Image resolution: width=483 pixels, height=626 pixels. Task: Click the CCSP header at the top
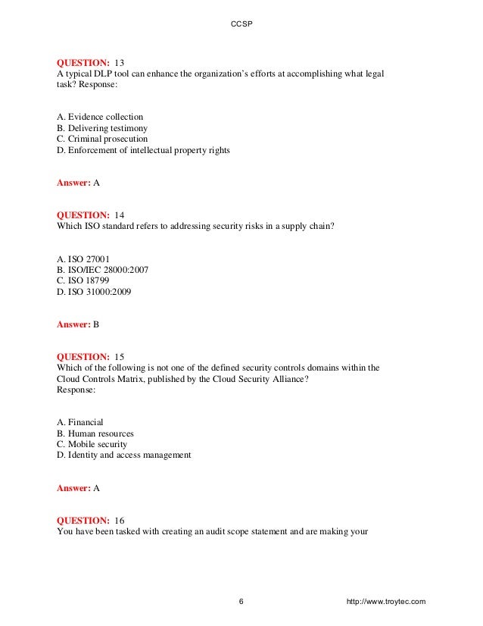pos(241,24)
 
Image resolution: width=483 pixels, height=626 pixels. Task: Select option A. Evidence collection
pos(100,117)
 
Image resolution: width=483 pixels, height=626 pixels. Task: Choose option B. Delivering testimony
pos(102,128)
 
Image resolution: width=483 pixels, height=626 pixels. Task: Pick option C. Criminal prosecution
pos(102,139)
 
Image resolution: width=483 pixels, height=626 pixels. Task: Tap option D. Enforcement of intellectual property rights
pos(143,150)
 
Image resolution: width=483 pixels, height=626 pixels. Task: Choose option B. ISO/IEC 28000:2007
pos(101,269)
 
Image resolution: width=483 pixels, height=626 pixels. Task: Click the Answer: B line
pos(78,324)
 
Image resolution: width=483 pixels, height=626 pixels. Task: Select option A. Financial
pos(80,422)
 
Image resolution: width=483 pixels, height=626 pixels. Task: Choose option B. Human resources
pos(95,434)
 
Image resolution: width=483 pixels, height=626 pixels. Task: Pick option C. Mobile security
pos(92,444)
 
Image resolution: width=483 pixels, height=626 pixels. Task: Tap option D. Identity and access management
pos(124,455)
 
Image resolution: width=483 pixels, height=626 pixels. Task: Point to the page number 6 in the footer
pos(241,602)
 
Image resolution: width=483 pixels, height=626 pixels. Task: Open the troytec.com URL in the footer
pos(385,602)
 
